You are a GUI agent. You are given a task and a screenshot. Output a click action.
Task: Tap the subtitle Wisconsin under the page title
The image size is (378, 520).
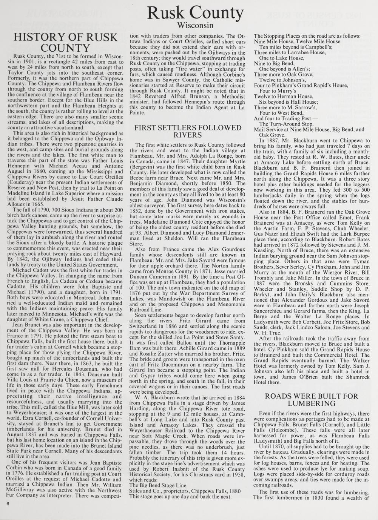(195, 25)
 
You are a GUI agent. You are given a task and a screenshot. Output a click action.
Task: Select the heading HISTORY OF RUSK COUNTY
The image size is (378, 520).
(66, 43)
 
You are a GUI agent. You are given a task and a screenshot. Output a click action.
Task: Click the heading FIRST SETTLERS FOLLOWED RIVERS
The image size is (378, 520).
(188, 131)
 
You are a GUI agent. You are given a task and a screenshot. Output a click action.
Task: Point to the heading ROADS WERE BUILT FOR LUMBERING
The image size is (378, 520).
(311, 400)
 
